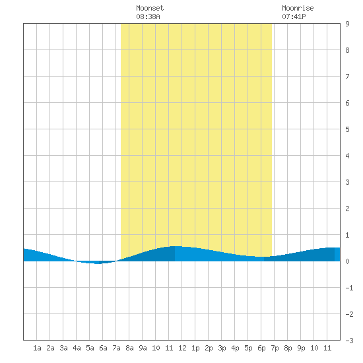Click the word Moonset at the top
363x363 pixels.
(150, 8)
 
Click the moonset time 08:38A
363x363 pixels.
(148, 16)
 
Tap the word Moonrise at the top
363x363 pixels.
(298, 8)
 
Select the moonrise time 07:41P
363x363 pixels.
(294, 16)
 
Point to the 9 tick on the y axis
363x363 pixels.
(347, 24)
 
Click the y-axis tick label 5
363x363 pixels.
(347, 129)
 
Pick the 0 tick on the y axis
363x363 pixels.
(347, 261)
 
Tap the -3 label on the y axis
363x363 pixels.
(349, 341)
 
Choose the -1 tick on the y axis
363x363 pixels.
(349, 288)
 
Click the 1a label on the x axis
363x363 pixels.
(37, 348)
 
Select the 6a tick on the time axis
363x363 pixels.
(103, 348)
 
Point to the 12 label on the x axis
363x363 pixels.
(182, 348)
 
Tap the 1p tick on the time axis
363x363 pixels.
(195, 348)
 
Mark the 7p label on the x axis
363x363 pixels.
(275, 348)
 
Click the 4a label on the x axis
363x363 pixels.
(77, 348)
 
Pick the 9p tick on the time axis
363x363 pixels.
(301, 348)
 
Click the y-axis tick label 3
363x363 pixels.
(347, 182)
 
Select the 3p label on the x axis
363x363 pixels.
(222, 348)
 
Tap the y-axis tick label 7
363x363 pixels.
(347, 77)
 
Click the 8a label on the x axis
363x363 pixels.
(129, 348)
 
